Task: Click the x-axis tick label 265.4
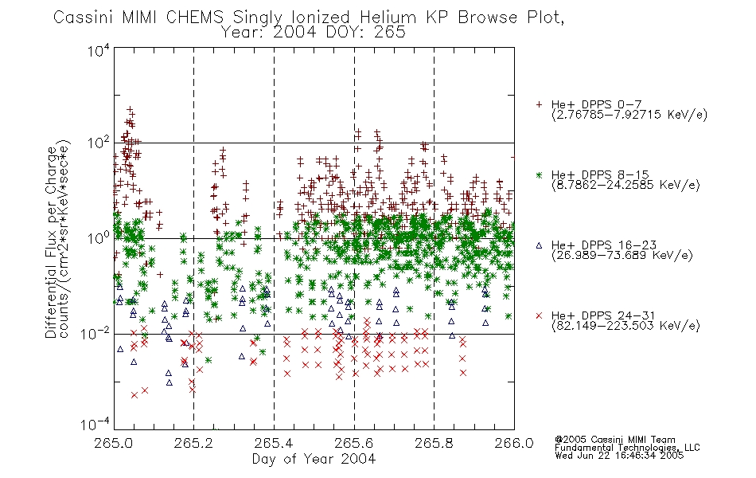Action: coord(274,443)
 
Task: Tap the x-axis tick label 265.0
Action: coord(114,443)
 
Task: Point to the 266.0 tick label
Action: coord(514,443)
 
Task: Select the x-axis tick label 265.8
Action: coord(434,443)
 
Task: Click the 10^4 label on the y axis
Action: coord(99,50)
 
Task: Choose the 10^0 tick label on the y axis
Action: coord(99,238)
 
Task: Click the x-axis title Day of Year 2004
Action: coord(314,459)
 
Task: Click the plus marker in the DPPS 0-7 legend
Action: coord(539,104)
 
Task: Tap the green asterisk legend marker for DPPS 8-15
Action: coord(539,174)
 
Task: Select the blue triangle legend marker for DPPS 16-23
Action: coord(539,245)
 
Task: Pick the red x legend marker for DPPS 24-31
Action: coord(539,315)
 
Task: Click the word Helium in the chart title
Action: coord(388,18)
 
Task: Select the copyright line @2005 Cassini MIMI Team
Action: coord(614,440)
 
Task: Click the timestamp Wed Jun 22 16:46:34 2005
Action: coord(619,456)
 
